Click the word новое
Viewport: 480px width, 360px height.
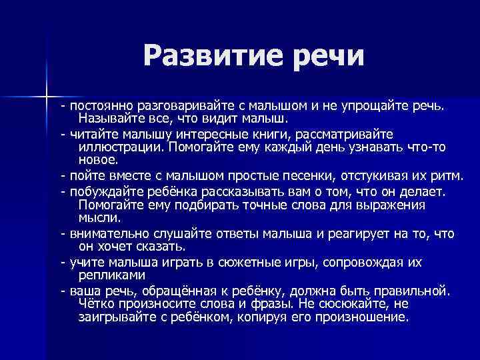[x=97, y=160]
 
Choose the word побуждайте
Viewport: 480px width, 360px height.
[x=103, y=192]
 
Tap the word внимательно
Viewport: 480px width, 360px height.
[x=109, y=234]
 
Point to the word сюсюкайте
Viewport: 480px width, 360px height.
[x=353, y=303]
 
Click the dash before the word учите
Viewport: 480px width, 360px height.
[x=62, y=262]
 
